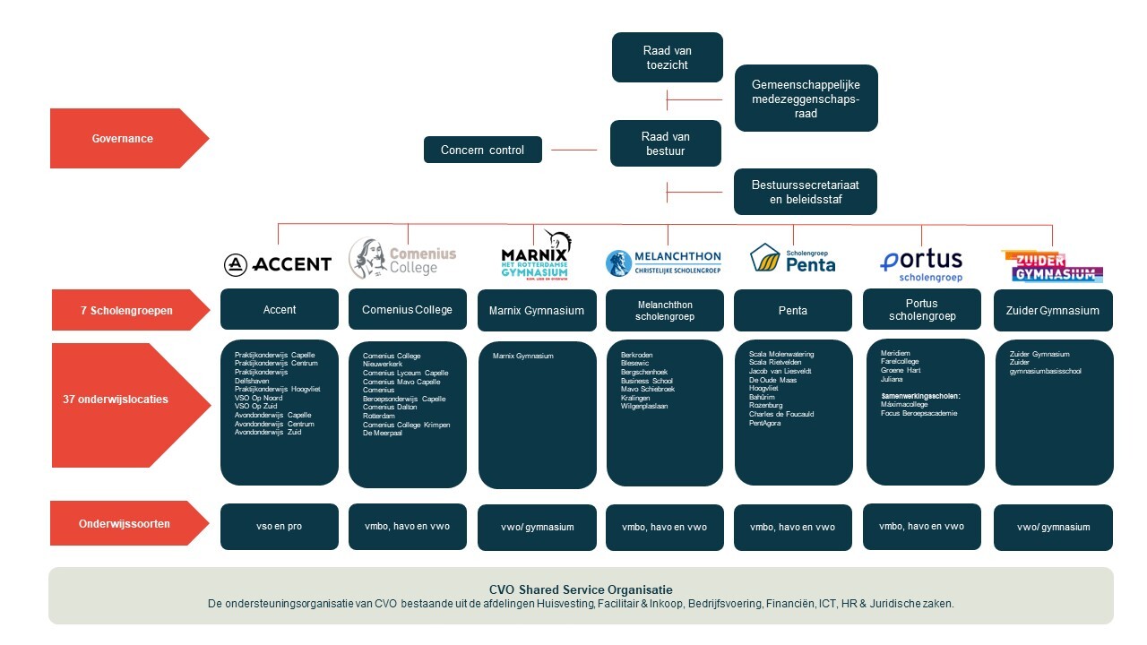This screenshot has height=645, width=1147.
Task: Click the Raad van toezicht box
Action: [667, 57]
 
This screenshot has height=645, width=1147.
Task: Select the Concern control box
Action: [482, 150]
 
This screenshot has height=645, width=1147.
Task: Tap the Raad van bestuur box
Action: [665, 143]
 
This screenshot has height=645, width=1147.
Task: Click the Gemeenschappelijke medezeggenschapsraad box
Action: [805, 99]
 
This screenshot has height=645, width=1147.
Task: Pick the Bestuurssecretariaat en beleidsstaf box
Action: [805, 192]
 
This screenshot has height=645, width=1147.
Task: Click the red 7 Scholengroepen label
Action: [127, 310]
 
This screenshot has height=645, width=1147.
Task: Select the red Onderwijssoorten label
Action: [127, 524]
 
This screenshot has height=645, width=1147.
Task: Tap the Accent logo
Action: [278, 263]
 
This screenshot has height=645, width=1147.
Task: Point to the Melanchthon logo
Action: [663, 262]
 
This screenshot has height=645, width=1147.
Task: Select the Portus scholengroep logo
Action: [921, 264]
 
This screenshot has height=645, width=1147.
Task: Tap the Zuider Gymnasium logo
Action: [1051, 266]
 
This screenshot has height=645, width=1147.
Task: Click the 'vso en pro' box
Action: [280, 527]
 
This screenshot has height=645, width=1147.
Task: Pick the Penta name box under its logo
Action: [793, 311]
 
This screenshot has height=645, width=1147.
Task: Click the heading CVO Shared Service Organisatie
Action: [581, 589]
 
